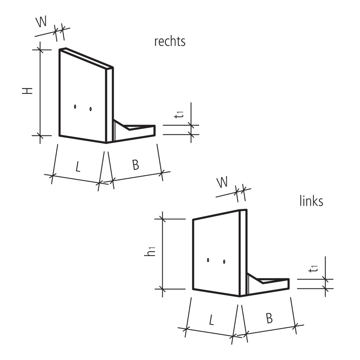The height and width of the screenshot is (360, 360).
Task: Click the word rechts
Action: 170,41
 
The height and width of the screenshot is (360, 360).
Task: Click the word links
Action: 311,201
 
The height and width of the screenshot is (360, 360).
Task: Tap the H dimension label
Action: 28,90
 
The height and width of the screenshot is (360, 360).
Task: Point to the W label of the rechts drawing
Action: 41,23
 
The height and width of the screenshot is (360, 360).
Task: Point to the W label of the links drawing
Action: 222,183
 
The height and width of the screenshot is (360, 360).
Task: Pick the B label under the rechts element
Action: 135,165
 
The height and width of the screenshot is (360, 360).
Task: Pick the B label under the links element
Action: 269,318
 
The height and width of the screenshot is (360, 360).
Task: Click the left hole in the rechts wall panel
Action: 75,107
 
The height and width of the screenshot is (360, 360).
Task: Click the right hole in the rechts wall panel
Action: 91,108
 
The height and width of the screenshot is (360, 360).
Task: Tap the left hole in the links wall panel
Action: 208,260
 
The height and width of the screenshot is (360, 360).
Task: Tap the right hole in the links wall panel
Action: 224,262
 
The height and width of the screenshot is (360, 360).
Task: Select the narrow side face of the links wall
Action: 243,252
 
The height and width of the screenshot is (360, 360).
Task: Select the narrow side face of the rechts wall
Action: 109,104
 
